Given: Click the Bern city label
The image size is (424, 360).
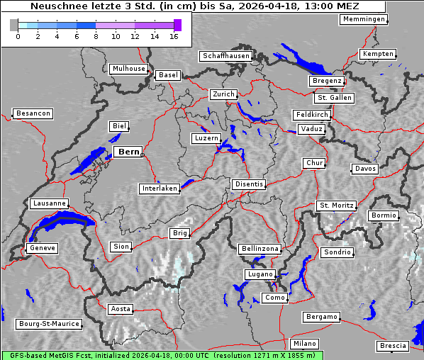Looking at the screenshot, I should point(128,152).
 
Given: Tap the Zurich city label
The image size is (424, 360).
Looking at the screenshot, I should point(223,94).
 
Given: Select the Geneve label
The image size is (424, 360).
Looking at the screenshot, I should point(41,248).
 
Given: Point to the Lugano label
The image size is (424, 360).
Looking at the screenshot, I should point(259,274).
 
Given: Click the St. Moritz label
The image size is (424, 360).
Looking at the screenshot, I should point(336,206).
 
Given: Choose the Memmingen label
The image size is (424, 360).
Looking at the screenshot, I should point(363,19).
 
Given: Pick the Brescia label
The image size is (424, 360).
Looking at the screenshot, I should point(393,346).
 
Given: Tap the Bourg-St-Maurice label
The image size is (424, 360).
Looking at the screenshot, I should point(48,324).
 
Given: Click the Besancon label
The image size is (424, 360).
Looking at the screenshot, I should point(33,113).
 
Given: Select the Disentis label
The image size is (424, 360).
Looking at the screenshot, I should point(248,184).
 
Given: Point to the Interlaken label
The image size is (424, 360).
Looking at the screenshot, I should point(159,189).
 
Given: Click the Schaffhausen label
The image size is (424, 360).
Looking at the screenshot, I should point(225,55).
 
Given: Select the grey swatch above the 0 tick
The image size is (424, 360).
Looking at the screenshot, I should point(14,25).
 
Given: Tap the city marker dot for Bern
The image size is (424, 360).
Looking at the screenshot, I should point(142,154).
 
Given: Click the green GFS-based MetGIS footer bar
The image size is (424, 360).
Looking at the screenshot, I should point(162,355).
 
